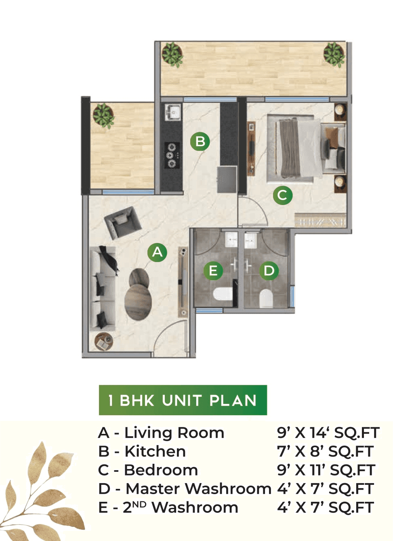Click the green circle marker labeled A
click(157, 252)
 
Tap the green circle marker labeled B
click(200, 142)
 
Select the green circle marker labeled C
click(282, 195)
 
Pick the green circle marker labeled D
click(269, 270)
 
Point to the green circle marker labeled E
click(213, 270)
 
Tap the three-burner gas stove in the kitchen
click(172, 155)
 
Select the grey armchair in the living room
click(122, 222)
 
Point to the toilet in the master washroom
click(266, 298)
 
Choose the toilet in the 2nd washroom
click(222, 294)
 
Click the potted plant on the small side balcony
click(103, 115)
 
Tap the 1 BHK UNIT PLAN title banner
click(183, 400)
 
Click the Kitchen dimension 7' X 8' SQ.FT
click(325, 451)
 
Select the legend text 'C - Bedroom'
click(148, 470)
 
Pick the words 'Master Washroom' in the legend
click(198, 488)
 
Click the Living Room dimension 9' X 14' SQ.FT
click(328, 433)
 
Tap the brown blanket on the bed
click(290, 149)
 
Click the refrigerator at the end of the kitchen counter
click(227, 179)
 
